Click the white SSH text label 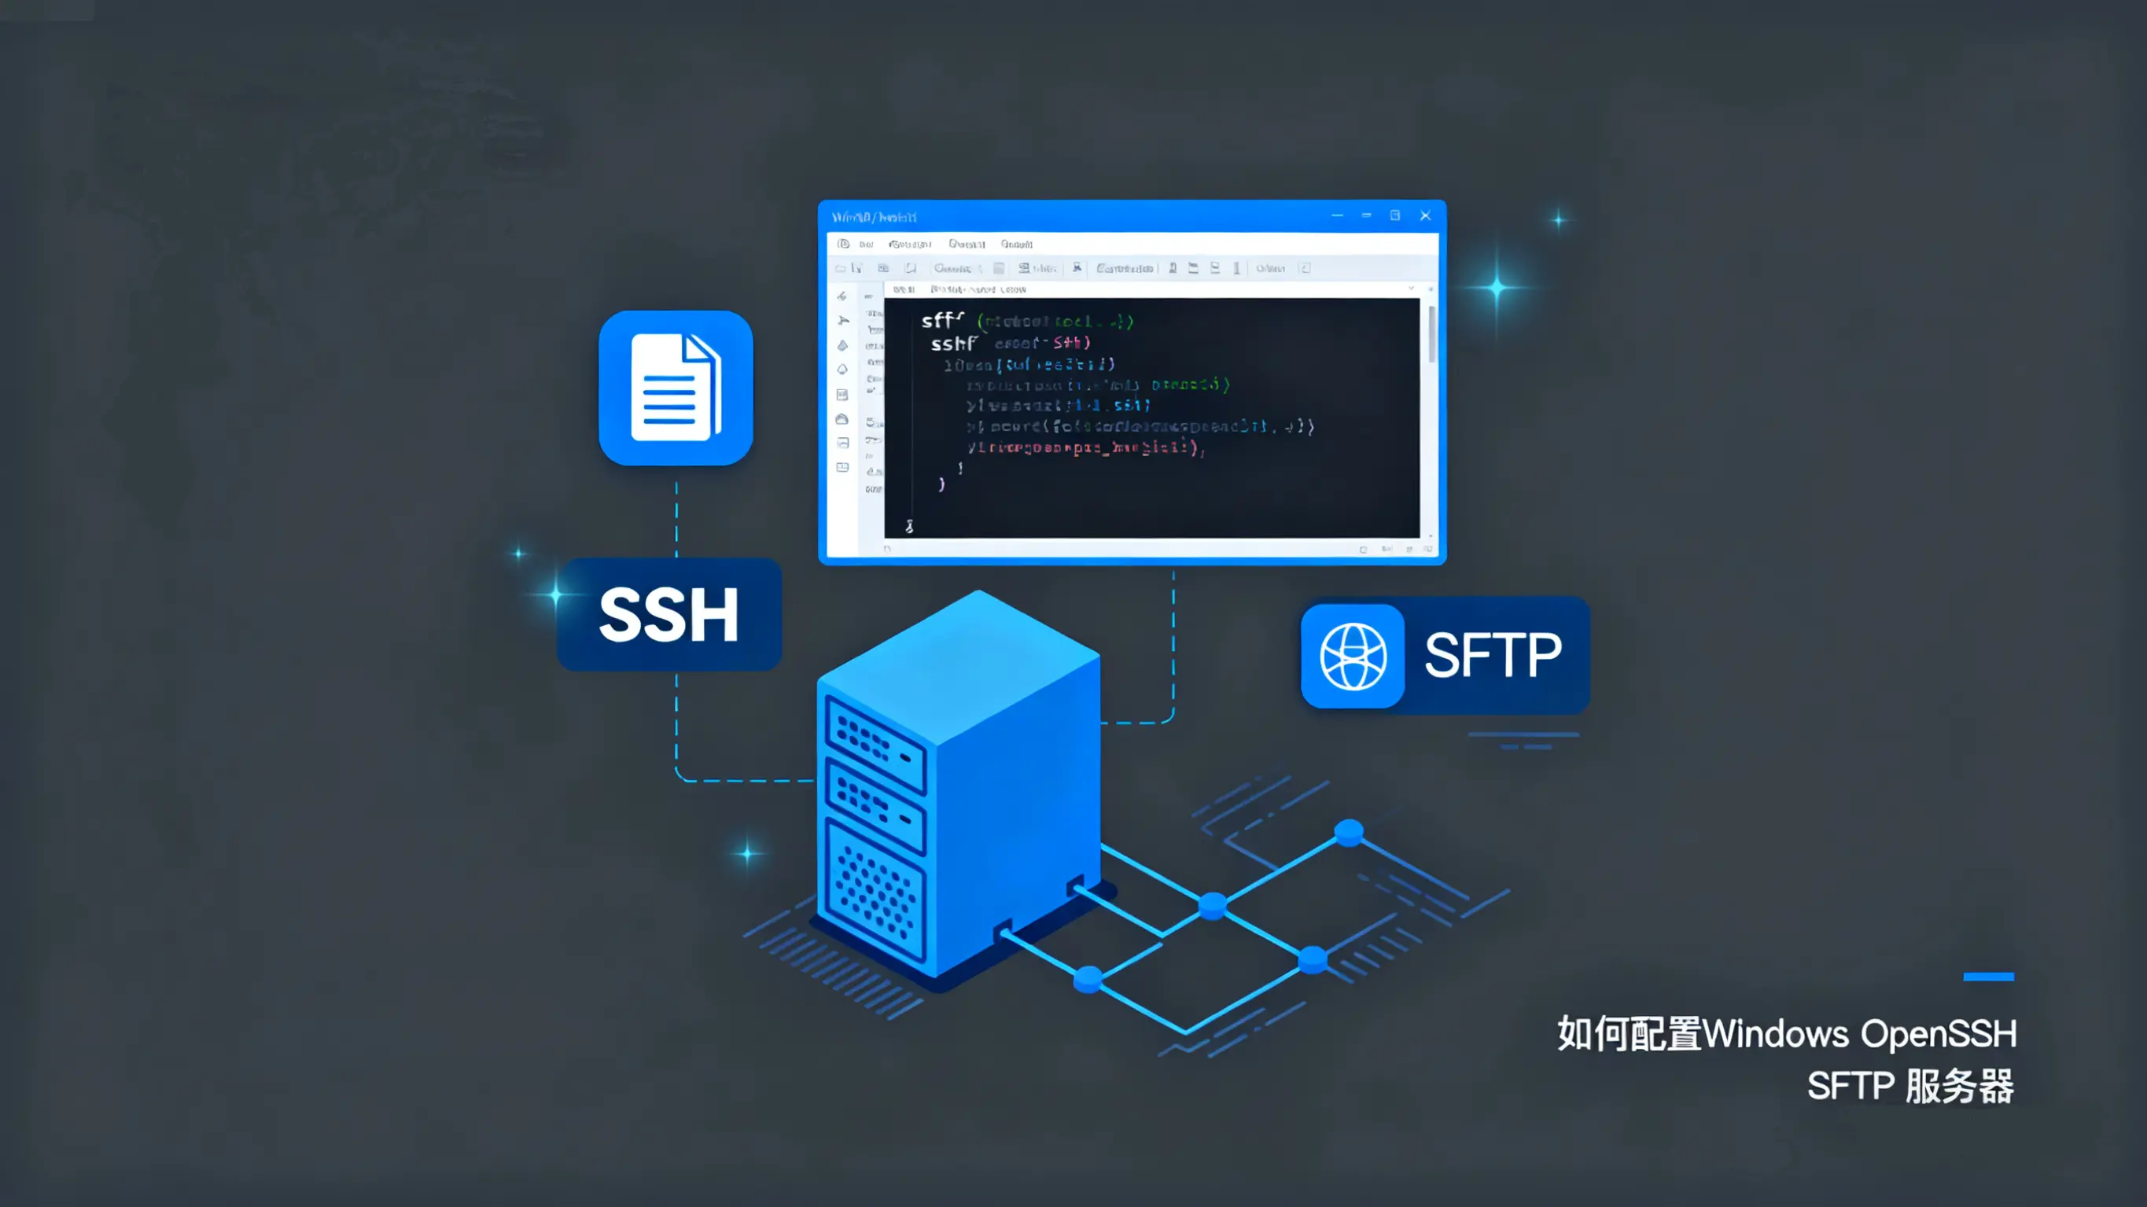pos(668,615)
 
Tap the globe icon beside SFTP pos(1353,656)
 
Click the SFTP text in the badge pos(1493,656)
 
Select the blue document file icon pos(675,388)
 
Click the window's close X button pos(1425,216)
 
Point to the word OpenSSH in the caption pos(1939,1035)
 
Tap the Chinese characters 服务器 pos(1960,1087)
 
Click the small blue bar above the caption pos(1988,976)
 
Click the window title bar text pos(874,218)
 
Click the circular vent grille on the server pos(875,892)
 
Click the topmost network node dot pos(1349,831)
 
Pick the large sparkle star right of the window pos(1497,289)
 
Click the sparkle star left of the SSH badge pos(555,595)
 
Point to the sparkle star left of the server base pos(747,854)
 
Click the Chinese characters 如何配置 pos(1629,1035)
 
